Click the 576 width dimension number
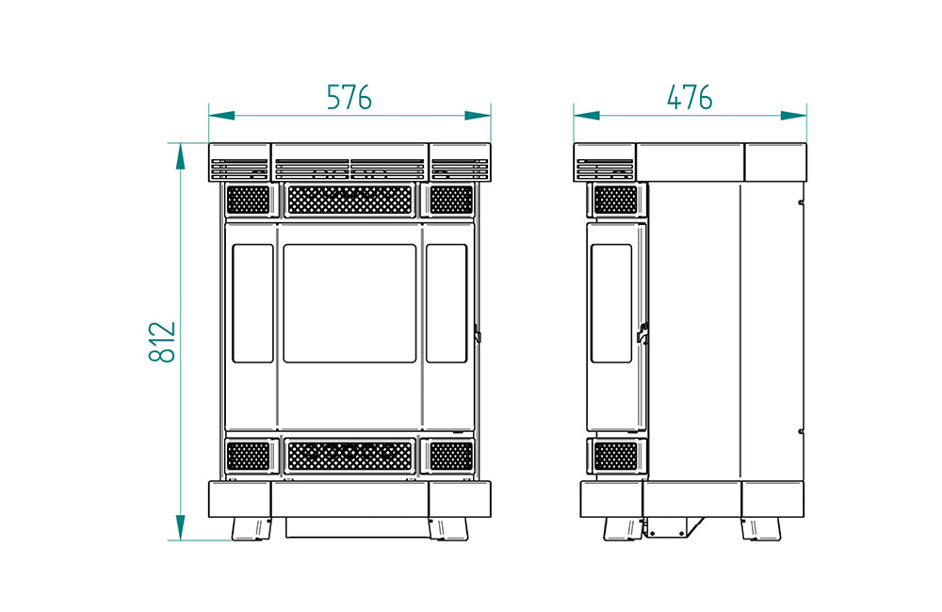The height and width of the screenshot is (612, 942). (349, 97)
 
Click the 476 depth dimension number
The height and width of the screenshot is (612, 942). (690, 97)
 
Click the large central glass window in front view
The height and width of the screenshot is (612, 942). (349, 303)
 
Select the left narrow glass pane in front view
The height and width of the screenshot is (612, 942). (252, 303)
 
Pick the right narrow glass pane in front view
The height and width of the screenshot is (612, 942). (447, 303)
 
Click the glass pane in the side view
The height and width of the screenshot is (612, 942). (611, 303)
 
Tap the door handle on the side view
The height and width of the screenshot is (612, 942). (642, 333)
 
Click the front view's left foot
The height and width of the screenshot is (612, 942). (252, 529)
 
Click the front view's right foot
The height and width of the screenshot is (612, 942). (448, 529)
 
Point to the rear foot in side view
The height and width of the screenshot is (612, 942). (761, 529)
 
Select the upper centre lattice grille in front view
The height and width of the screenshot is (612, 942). (349, 200)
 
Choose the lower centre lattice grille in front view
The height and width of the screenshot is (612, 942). (349, 457)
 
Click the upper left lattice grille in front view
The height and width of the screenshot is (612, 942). (248, 200)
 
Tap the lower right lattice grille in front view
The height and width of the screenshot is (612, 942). (452, 457)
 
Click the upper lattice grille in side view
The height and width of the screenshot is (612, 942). (615, 200)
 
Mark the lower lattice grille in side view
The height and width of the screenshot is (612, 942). (615, 457)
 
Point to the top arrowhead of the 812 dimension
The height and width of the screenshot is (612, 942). (180, 156)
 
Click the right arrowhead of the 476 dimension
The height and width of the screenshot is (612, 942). (793, 115)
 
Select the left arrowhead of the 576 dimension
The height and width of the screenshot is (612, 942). (221, 115)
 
